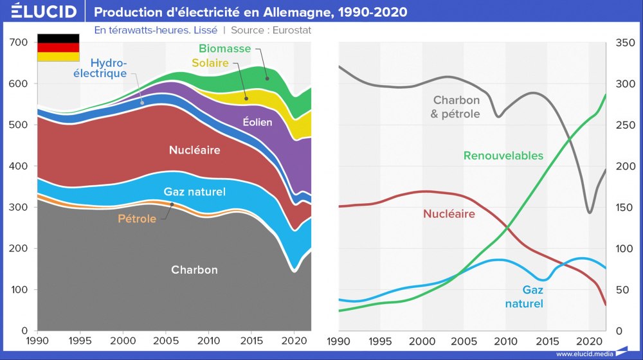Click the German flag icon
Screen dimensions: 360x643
point(58,48)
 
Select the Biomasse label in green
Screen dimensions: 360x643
point(225,48)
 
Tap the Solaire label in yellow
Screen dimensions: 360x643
point(210,63)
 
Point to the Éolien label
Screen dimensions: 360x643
point(257,122)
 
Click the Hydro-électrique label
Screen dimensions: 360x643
point(109,68)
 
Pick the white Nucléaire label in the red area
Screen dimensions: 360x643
point(194,150)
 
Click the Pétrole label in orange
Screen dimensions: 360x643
point(137,219)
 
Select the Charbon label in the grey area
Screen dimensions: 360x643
point(194,270)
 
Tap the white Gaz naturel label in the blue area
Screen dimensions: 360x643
point(194,192)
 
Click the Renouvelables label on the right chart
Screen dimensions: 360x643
point(503,156)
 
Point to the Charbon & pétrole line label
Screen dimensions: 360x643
point(457,107)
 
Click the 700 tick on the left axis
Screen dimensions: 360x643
point(19,42)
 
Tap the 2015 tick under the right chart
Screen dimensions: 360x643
point(547,339)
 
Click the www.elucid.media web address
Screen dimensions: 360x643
point(583,354)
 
